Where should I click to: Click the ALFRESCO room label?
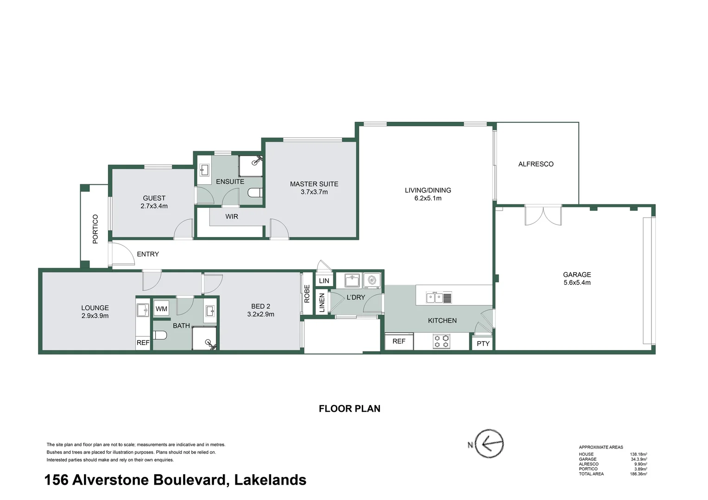coord(536,164)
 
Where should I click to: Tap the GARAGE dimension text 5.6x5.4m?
coord(577,282)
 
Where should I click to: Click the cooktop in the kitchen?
coord(441,342)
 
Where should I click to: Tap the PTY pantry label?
coord(483,344)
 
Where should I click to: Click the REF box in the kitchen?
coord(398,341)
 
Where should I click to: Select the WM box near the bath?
coord(161,309)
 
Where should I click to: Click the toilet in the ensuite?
coord(254,193)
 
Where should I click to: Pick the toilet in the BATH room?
coord(159,335)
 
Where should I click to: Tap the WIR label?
coord(232,216)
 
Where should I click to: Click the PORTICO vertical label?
coord(95,229)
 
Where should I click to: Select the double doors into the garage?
coord(543,216)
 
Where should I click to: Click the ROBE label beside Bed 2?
coord(307,294)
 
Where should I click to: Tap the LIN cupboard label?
coord(324,281)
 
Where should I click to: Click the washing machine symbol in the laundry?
coord(372,280)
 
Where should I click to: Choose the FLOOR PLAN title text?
coord(349,408)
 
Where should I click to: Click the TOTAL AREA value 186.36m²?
coord(638,474)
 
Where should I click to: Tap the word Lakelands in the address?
coord(270,480)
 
